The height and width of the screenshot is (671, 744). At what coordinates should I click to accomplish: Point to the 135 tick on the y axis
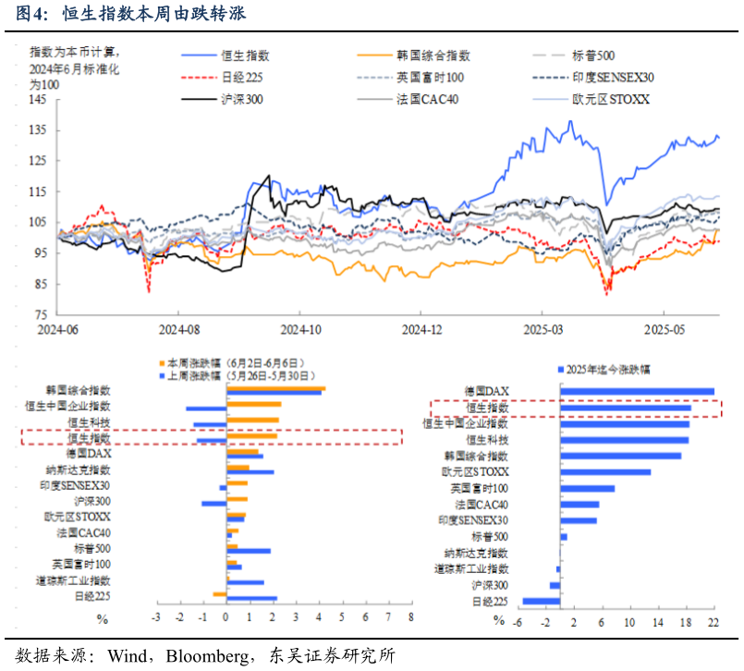point(38,130)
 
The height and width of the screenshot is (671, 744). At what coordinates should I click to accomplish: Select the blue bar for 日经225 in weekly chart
point(251,599)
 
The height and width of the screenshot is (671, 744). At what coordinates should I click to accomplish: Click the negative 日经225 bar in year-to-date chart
point(542,602)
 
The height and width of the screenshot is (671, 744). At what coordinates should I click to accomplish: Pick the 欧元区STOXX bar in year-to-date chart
point(605,472)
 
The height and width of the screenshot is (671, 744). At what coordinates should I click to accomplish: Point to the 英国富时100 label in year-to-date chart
point(480,488)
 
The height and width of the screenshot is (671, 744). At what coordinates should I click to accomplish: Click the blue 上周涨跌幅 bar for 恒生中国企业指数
point(206,409)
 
